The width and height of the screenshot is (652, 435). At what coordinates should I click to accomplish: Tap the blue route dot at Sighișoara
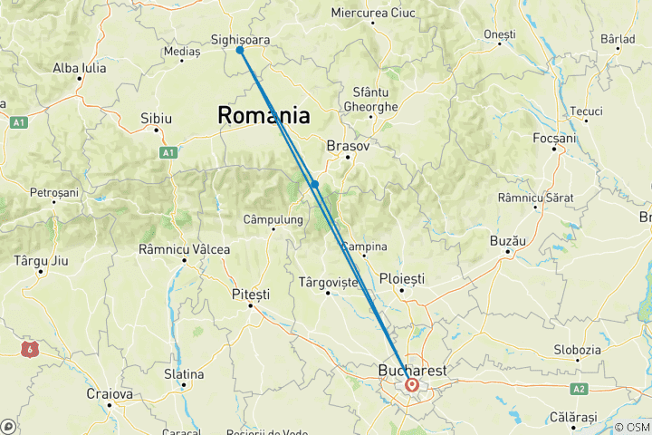240,51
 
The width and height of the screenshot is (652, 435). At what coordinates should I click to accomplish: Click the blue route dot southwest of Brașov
315,184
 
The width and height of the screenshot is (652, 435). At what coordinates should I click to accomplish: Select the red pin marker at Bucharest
412,385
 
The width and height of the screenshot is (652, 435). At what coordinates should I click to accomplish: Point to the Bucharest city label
412,371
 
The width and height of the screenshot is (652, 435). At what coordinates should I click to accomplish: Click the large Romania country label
263,115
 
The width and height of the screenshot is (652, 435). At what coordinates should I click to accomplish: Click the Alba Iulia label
80,68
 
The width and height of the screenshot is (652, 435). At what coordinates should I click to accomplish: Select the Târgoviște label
328,283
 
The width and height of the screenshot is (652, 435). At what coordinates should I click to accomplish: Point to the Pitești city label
251,295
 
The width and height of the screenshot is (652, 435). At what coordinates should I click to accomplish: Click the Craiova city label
109,394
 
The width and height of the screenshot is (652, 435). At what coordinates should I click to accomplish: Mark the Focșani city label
554,138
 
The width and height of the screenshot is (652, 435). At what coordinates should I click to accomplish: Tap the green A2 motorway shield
579,388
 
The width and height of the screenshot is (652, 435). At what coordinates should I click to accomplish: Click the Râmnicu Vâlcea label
184,249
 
